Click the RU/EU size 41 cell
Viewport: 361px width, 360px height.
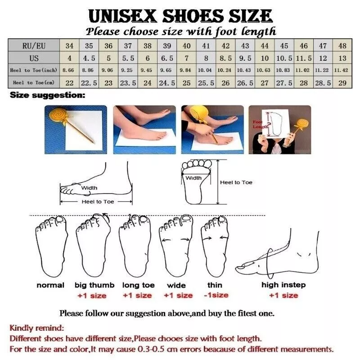click(x=206, y=45)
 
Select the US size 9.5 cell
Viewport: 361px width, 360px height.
click(x=245, y=58)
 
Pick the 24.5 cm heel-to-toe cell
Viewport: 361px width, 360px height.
click(x=167, y=83)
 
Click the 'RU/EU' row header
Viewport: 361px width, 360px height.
click(x=34, y=45)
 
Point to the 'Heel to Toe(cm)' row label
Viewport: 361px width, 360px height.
click(x=34, y=82)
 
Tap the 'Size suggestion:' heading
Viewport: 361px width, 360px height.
click(x=47, y=95)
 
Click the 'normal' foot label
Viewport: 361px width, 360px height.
click(x=50, y=285)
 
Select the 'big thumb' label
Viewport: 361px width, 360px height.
click(x=95, y=285)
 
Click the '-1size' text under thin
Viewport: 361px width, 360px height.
click(x=216, y=295)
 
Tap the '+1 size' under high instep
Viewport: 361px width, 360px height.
click(x=284, y=295)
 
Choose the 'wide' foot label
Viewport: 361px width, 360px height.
click(x=176, y=285)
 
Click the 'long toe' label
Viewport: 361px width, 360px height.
click(x=138, y=285)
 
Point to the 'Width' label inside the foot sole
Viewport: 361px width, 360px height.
click(x=194, y=178)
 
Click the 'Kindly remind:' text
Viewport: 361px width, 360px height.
click(x=37, y=328)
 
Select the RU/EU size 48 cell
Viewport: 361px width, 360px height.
click(x=343, y=45)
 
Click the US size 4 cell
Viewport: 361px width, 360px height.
click(x=69, y=58)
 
